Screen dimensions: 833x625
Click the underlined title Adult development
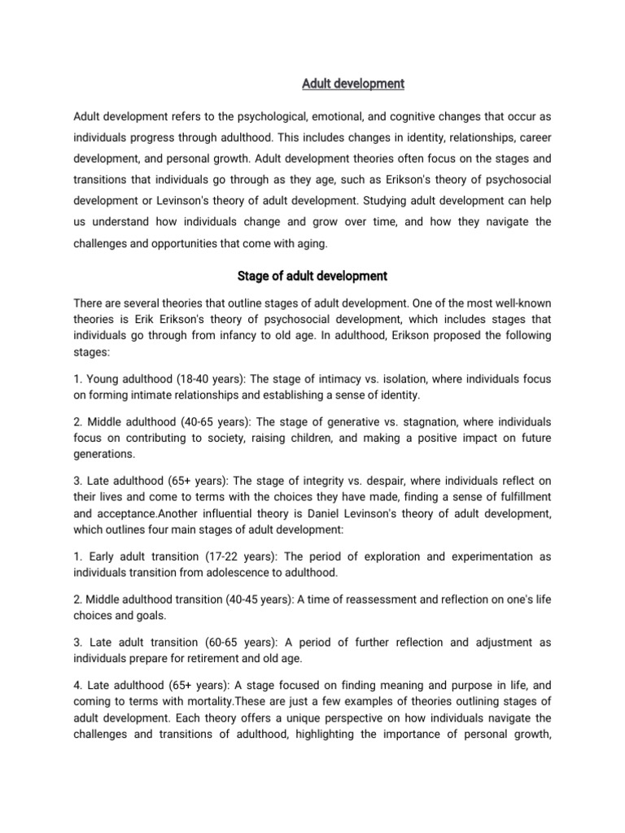[353, 84]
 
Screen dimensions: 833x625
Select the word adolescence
[233, 572]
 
